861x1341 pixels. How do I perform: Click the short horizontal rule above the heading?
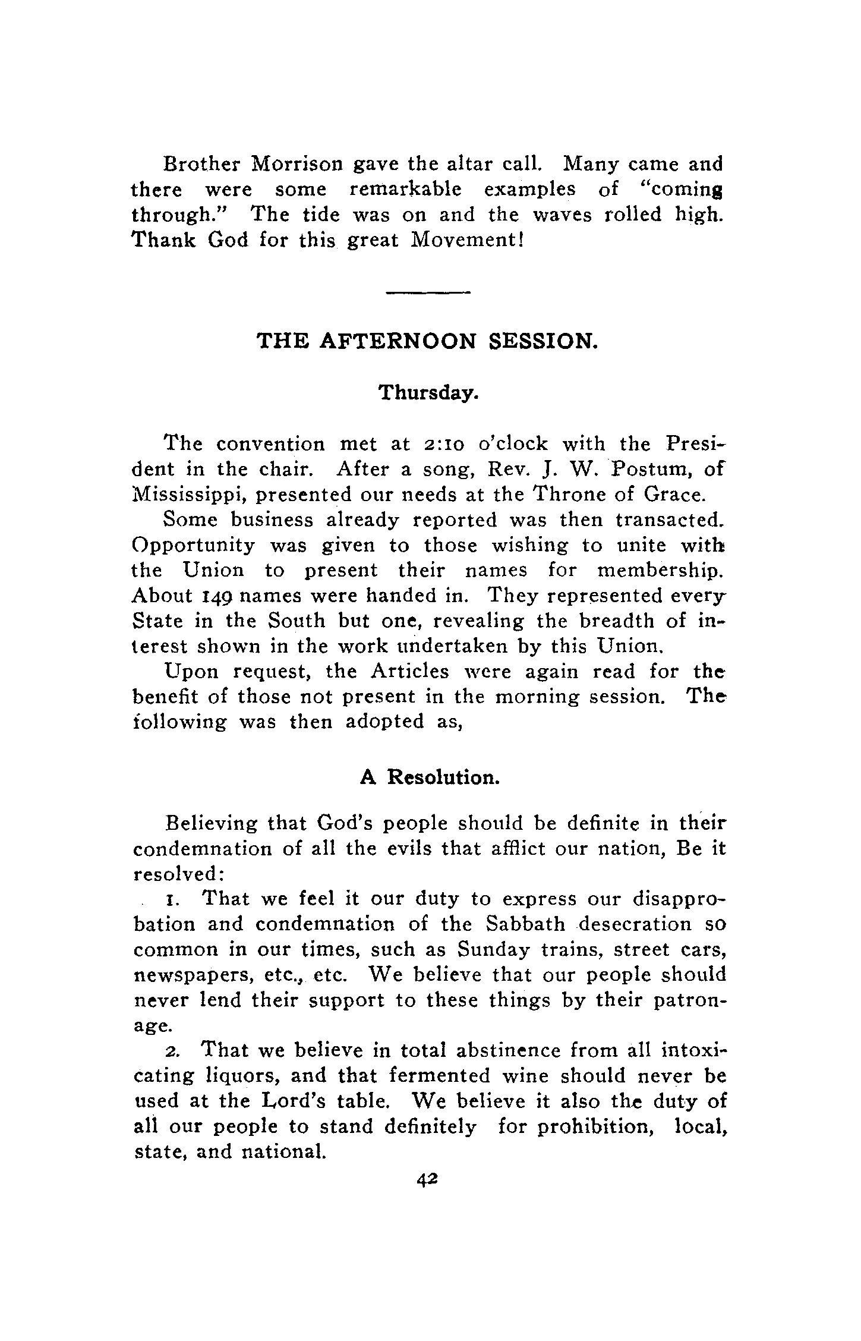(428, 292)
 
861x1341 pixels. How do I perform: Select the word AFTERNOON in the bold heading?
(398, 341)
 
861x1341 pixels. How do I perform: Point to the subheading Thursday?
(428, 393)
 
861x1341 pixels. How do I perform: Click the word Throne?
(569, 495)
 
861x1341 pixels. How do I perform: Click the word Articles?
(409, 672)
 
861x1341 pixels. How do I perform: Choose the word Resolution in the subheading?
(443, 778)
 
